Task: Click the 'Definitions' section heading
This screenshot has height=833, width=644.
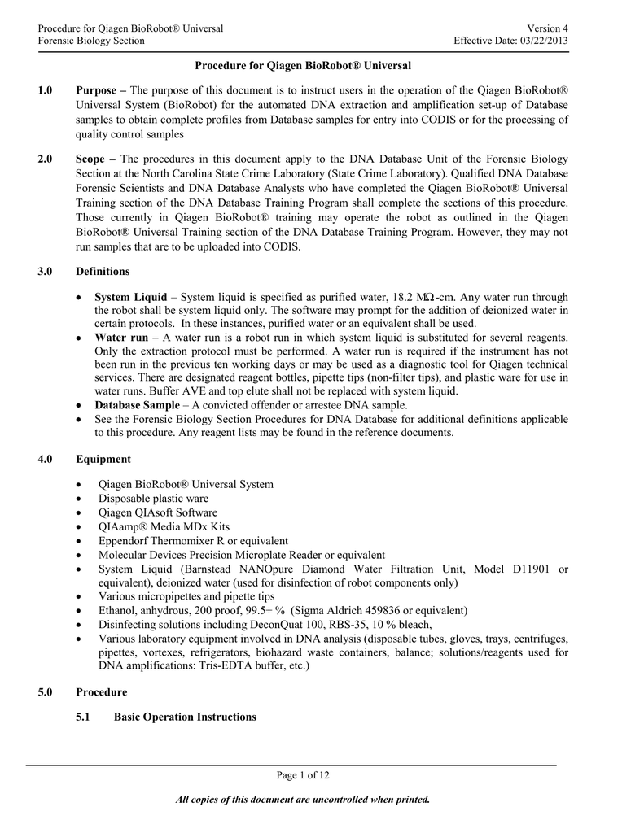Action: (103, 271)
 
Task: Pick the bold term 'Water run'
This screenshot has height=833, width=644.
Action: (121, 337)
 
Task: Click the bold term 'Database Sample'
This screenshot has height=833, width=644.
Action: (137, 405)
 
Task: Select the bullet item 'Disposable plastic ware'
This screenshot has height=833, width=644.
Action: (153, 498)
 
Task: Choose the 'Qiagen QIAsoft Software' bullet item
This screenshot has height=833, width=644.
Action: (157, 512)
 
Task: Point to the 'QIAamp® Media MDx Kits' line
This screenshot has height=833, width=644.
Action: (164, 526)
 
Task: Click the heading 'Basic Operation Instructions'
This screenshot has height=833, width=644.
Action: (185, 717)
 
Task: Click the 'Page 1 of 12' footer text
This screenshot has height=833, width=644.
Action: (303, 775)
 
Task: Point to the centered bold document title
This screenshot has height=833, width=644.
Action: (303, 64)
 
